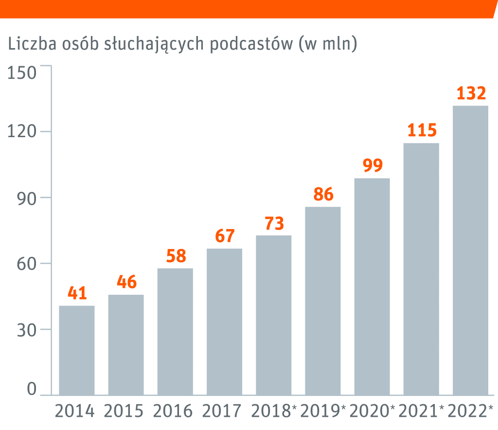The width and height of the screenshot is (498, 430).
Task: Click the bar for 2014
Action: pos(77,350)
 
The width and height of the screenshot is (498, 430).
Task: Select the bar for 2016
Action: pos(175,331)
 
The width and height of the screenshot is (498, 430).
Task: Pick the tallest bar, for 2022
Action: pos(470,250)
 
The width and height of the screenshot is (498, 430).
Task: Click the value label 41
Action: pos(77,293)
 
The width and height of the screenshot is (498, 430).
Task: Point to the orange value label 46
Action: pos(126,283)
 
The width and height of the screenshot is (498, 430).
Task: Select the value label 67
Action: pos(225,236)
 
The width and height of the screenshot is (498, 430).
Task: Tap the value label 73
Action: pos(274,224)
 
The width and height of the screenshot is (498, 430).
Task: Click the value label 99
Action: pos(373,166)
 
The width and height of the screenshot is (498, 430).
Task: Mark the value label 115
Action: pos(422,131)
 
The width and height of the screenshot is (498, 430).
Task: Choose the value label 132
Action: pos(471,93)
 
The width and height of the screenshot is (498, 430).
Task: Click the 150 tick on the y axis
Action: pos(22,73)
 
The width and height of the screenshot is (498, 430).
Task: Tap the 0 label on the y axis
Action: pos(32,390)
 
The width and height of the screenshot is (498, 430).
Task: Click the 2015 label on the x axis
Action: pos(124,412)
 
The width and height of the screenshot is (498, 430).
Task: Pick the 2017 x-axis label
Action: pos(222,412)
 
